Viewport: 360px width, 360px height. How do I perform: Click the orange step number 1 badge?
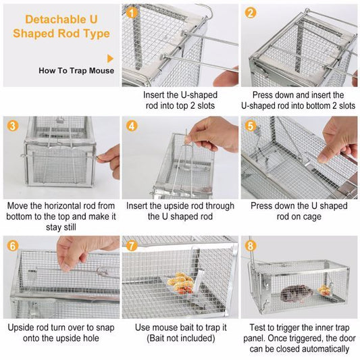(x=132, y=12)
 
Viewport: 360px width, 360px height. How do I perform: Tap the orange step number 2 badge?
(x=251, y=12)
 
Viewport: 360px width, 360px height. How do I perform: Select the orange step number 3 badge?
(x=12, y=125)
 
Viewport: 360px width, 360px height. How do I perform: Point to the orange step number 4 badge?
(x=132, y=126)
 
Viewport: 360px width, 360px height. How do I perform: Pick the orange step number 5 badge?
(x=251, y=126)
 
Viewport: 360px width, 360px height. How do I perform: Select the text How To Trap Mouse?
(x=76, y=70)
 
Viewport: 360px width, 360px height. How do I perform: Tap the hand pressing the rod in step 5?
(x=341, y=132)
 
